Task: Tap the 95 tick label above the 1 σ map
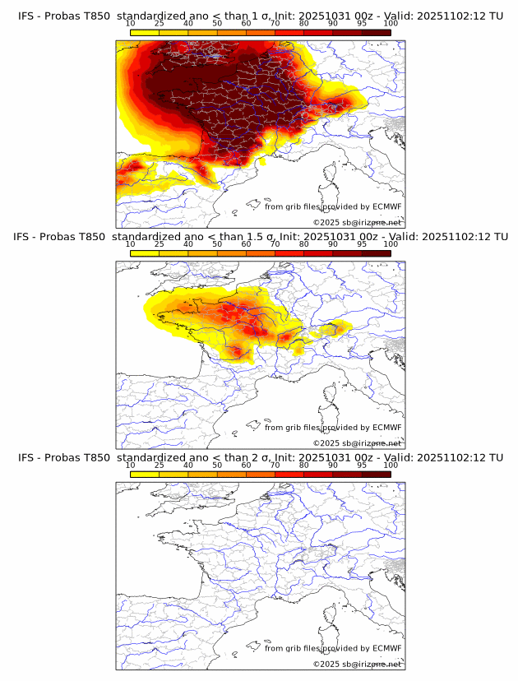pos(362,23)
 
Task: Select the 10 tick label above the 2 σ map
pos(131,465)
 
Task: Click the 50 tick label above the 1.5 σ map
pos(217,244)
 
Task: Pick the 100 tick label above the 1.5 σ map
pos(391,244)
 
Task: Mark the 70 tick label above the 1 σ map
pos(275,23)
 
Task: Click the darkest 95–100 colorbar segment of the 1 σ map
pos(376,32)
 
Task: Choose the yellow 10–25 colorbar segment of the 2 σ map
pos(145,474)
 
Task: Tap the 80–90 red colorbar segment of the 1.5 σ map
pos(318,253)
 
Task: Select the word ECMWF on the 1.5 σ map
pos(387,428)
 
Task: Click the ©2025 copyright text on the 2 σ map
pos(326,664)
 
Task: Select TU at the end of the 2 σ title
pos(496,457)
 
